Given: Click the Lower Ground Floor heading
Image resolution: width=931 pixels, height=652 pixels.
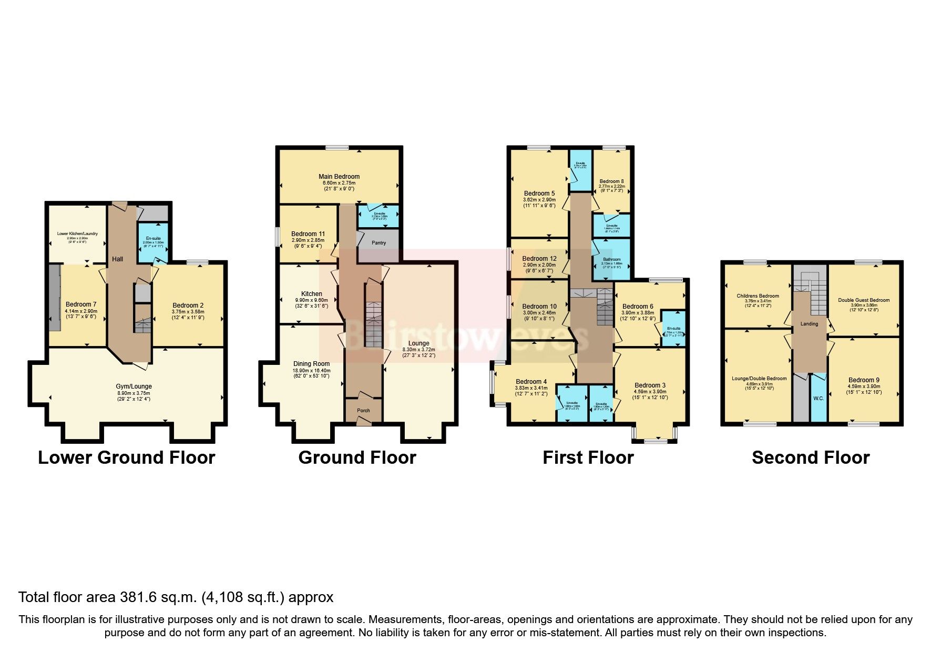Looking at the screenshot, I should coord(127,457).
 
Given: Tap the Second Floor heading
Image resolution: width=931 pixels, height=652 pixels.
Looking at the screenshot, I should coord(811,457).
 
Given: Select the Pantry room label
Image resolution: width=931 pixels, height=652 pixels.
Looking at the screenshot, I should coord(378,243).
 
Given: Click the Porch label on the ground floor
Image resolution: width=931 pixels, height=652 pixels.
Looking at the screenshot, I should coord(363,410).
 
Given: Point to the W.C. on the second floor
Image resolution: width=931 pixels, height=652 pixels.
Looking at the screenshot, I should coord(819,399).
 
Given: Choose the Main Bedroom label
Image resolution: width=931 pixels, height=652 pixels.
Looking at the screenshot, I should coord(339,177).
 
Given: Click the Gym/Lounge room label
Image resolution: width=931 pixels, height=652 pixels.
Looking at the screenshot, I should coord(134,386).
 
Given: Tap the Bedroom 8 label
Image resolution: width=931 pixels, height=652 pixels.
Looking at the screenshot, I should coord(611,181).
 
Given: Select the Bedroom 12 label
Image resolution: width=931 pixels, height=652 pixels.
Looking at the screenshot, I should coord(539,259).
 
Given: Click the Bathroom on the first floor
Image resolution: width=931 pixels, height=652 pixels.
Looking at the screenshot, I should coord(611,259).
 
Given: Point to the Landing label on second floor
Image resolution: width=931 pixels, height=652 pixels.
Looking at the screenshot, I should coord(809,324).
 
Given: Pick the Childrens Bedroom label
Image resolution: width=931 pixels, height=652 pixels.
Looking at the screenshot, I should coord(758,296).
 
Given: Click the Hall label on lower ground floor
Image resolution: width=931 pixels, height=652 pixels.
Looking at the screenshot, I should coord(117,259).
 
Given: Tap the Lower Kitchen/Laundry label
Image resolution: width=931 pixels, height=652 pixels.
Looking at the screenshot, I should coord(77,234).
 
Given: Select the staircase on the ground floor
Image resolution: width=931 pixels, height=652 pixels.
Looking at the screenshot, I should coord(373,323).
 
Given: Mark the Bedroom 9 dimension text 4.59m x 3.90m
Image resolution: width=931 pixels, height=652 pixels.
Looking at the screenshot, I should coord(863,386).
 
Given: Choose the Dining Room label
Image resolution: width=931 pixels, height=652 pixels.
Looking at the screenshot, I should coord(311,364).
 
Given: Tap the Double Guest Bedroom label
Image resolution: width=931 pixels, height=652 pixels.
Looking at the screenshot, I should coord(864,300).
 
